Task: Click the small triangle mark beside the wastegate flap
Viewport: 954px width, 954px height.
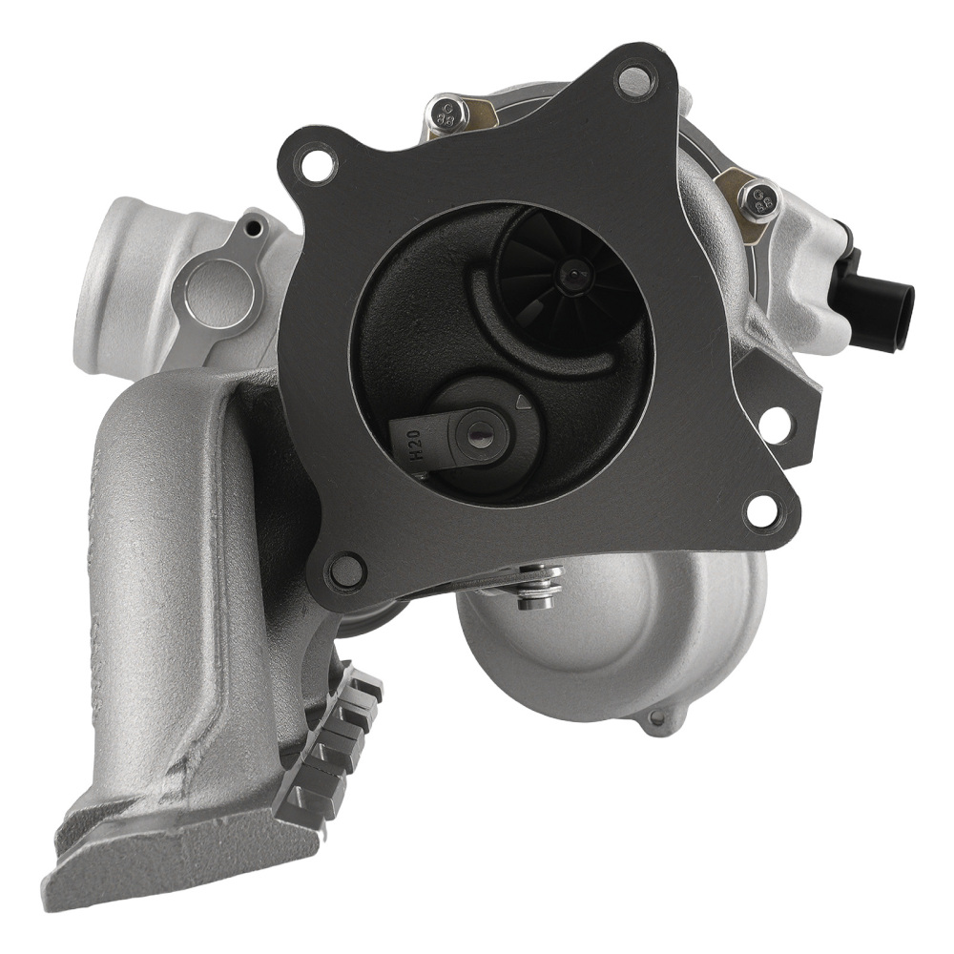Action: point(521,403)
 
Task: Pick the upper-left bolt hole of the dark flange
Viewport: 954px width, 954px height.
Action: point(318,163)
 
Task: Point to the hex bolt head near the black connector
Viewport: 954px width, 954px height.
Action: point(760,201)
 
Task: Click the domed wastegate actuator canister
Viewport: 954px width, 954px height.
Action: point(620,639)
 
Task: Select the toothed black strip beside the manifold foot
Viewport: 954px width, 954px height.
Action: point(329,744)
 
